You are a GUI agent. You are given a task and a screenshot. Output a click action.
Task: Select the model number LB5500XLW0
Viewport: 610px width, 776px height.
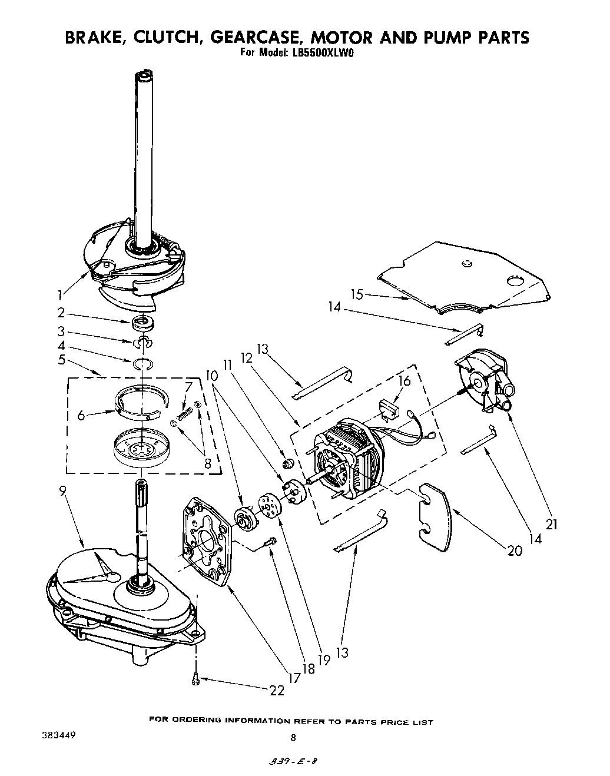tap(324, 52)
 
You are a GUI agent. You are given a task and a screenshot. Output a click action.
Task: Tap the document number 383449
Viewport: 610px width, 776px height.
tap(58, 735)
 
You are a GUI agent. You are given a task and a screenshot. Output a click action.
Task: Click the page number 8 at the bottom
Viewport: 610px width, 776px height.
tap(293, 737)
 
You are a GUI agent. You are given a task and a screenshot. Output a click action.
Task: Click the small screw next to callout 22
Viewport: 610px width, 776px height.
tap(196, 680)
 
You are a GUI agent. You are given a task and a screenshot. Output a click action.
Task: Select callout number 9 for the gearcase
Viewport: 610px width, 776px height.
tap(64, 489)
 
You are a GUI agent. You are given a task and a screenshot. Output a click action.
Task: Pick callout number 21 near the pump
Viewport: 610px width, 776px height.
tap(551, 522)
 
